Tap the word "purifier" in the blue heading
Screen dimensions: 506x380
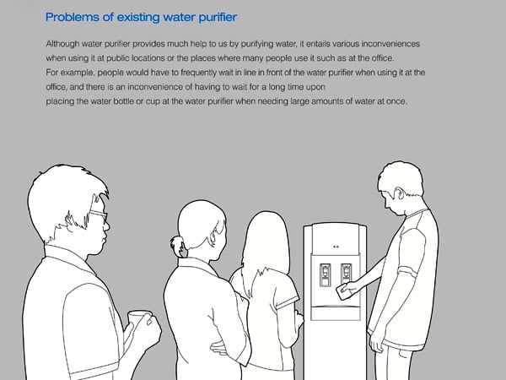(218, 18)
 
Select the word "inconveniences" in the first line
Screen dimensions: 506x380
(390, 44)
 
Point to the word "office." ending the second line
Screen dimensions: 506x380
(383, 58)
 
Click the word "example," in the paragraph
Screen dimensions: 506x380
(78, 73)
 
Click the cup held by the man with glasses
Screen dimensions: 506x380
(137, 320)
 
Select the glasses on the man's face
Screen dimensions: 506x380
(99, 214)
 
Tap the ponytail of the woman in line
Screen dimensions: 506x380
(177, 247)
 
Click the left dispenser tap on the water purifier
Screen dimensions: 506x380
(325, 274)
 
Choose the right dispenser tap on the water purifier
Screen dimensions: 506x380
(346, 274)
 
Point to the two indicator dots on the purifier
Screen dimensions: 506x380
(336, 247)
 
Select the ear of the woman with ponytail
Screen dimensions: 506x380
(213, 238)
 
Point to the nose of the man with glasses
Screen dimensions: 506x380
(106, 225)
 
